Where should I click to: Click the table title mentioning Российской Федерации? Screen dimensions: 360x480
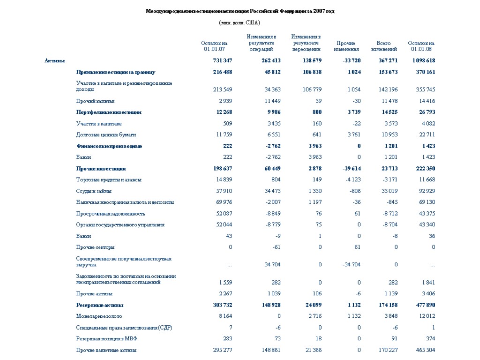[x=240, y=11]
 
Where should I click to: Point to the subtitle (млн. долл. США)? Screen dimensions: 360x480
[x=240, y=22]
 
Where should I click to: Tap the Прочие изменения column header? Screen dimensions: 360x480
[x=346, y=46]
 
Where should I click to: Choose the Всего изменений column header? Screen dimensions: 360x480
[x=384, y=46]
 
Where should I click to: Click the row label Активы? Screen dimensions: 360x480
[x=55, y=61]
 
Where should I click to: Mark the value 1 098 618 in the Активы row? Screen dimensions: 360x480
[x=423, y=61]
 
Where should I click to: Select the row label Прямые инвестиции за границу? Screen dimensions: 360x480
[x=116, y=72]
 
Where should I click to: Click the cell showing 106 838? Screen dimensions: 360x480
[x=311, y=72]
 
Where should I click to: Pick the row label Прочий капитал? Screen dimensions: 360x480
[x=96, y=101]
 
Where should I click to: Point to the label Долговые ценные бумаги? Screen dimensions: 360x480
[x=106, y=135]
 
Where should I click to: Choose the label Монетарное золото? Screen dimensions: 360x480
[x=99, y=316]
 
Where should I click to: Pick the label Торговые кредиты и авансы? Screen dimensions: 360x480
[x=109, y=180]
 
